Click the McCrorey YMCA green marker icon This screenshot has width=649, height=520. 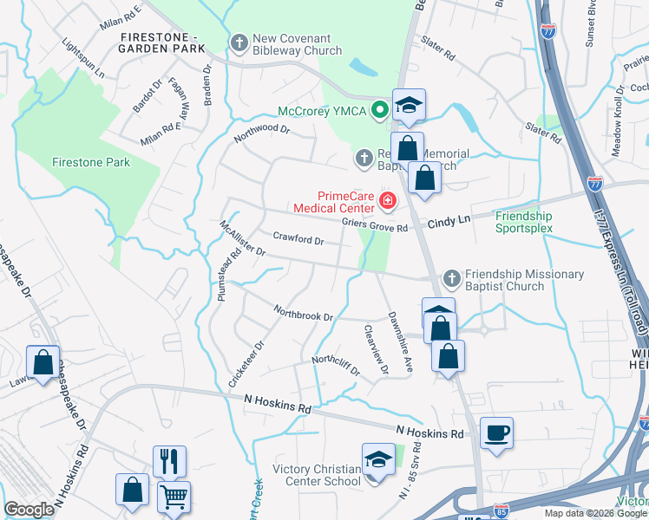[379, 111]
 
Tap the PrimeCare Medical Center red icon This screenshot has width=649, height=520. [387, 203]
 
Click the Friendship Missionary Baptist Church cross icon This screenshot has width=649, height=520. [451, 279]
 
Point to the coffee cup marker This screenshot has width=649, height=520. [496, 433]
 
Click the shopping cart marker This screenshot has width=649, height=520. [174, 497]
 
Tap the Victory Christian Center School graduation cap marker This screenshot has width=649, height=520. [378, 459]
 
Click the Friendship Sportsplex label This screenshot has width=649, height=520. [523, 222]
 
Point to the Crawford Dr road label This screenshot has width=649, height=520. [298, 238]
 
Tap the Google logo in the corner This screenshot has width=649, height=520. [29, 510]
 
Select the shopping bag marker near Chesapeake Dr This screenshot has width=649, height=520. [43, 363]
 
